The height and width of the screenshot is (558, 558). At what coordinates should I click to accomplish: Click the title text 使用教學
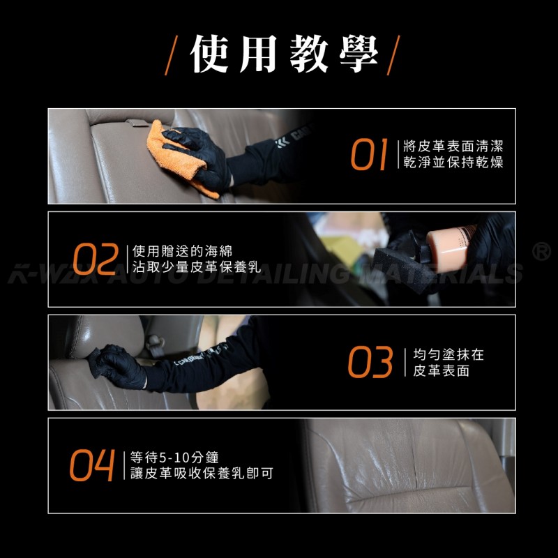[x=284, y=54]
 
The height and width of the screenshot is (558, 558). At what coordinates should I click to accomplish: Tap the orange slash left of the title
[x=171, y=55]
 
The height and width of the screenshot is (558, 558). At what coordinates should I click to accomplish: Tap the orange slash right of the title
[x=393, y=55]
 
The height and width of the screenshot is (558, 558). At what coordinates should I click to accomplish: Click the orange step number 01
[x=369, y=154]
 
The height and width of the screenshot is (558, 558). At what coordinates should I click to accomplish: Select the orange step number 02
[x=96, y=259]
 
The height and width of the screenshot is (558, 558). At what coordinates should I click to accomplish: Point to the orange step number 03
[x=370, y=362]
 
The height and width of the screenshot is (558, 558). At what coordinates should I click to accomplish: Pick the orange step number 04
[x=92, y=465]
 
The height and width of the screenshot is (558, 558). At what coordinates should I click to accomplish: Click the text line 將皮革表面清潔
[x=453, y=146]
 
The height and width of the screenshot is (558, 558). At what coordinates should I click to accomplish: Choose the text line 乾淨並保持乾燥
[x=453, y=163]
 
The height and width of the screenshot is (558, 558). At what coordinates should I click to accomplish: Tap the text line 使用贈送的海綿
[x=182, y=251]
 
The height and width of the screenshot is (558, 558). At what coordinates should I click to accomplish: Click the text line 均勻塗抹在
[x=448, y=354]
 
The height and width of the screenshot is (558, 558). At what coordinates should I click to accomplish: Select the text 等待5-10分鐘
[x=174, y=458]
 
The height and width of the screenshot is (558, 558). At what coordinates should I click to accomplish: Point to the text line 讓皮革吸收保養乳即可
[x=202, y=474]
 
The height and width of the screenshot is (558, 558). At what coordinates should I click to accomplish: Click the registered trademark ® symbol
[x=541, y=251]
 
